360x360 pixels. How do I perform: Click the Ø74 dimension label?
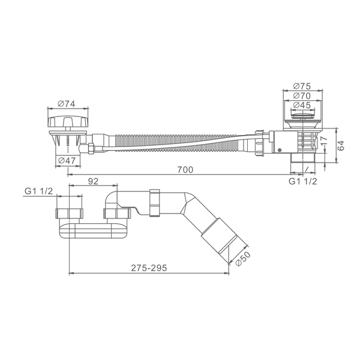pyautogui.click(x=67, y=104)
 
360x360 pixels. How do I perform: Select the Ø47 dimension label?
pyautogui.click(x=67, y=160)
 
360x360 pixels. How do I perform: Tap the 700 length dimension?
pyautogui.click(x=185, y=170)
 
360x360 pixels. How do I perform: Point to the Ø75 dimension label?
pyautogui.click(x=302, y=86)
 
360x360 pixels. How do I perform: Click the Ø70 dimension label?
pyautogui.click(x=302, y=95)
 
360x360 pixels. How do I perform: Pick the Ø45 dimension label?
pyautogui.click(x=302, y=105)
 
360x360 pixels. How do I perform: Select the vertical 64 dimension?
pyautogui.click(x=341, y=146)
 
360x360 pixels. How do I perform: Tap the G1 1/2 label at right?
pyautogui.click(x=302, y=181)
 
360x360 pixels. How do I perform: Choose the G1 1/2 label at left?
pyautogui.click(x=38, y=191)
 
